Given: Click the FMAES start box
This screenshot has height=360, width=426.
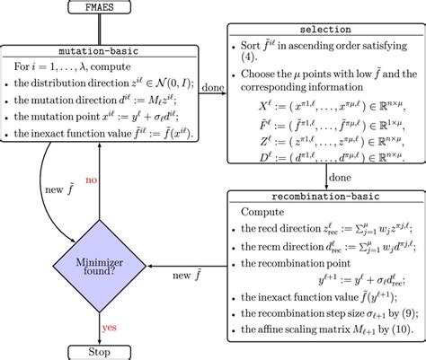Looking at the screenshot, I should pos(95,8).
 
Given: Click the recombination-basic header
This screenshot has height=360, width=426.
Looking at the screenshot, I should pos(324,196).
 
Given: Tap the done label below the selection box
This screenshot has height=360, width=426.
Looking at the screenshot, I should pos(340,177).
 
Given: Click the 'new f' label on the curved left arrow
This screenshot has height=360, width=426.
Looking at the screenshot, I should pos(59,189).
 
